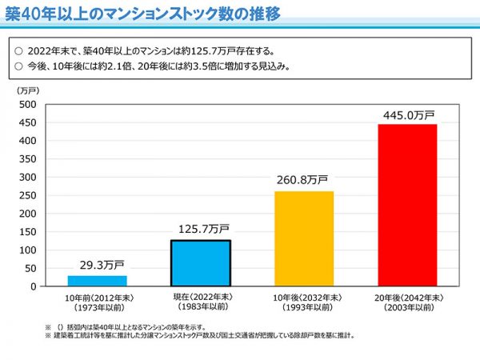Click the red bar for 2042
point(407,205)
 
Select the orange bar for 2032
point(304,238)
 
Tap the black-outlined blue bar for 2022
point(201,262)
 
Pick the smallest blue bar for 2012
point(97,280)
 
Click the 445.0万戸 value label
point(407,114)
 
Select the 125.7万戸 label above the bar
point(201,229)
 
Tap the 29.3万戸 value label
point(97,264)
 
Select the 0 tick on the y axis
point(32,286)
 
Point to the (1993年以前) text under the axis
point(304,307)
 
